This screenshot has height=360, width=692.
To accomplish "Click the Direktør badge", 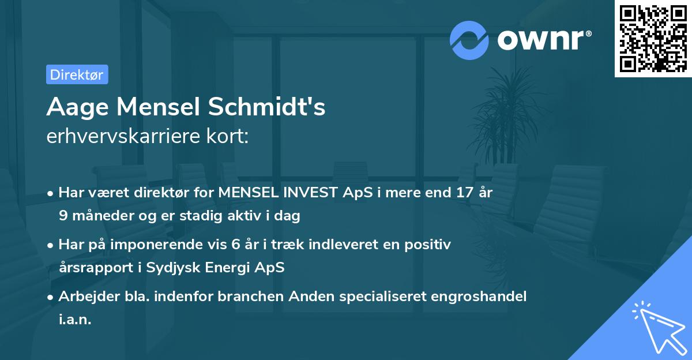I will tap(77, 74).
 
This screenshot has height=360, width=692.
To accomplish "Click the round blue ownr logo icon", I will tap(469, 40).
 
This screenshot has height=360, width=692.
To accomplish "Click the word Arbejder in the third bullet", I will tap(84, 297).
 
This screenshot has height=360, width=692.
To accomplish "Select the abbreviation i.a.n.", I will tap(75, 320).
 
